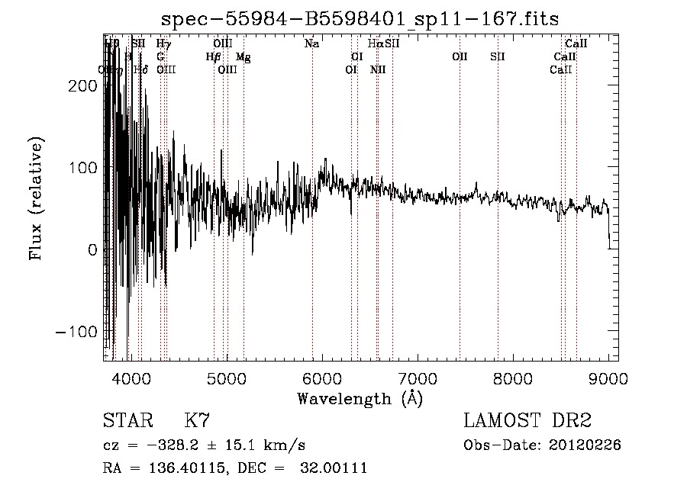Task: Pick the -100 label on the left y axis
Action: pyautogui.click(x=80, y=332)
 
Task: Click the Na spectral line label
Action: pyautogui.click(x=311, y=44)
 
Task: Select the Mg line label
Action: pyautogui.click(x=243, y=57)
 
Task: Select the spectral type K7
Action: pyautogui.click(x=197, y=421)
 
